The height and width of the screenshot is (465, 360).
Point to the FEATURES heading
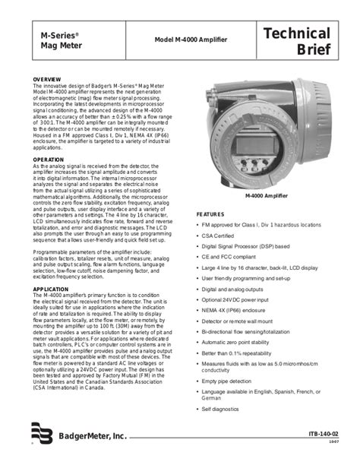tap(211, 215)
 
